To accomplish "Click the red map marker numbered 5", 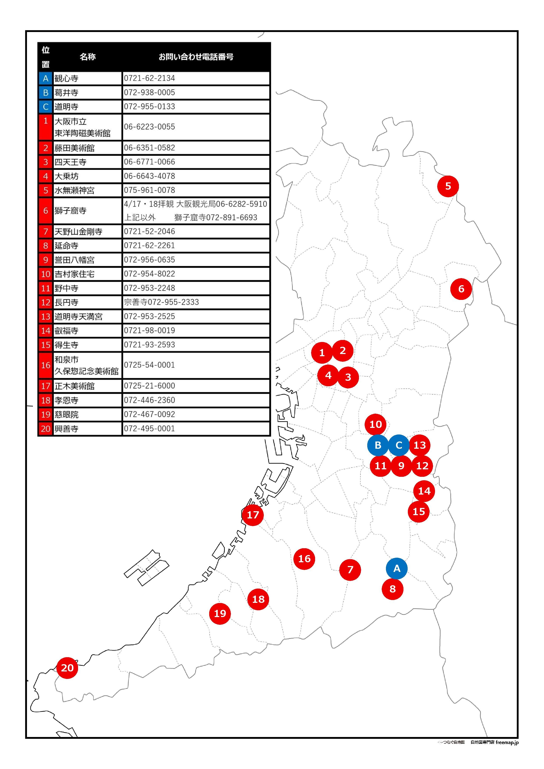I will coord(448,186).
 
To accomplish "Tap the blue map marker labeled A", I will coord(397,568).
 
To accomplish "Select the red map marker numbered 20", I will coord(67,668).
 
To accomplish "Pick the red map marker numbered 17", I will coord(253,515).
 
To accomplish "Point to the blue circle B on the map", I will coord(378,445).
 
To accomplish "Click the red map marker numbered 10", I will coord(376,424).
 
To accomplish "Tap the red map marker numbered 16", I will coord(304,559).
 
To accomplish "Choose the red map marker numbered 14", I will coord(424,491).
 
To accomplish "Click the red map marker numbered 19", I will coord(220,614).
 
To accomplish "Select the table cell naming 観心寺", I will coord(87,78).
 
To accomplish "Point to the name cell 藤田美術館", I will coord(87,148).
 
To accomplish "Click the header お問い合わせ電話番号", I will coord(196,57).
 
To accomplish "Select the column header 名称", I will coord(88,57).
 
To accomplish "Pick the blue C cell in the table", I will coord(46,107).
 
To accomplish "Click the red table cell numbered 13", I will coord(46,317).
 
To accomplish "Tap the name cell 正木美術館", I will coord(87,386).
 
